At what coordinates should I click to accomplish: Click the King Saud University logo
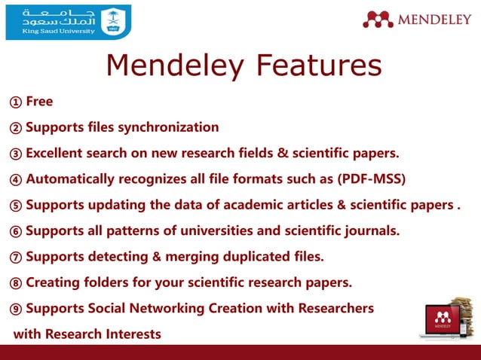coord(68,22)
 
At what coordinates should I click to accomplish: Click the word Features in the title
coord(316,66)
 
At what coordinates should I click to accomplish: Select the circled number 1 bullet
coord(16,102)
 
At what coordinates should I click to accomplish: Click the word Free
coord(39,102)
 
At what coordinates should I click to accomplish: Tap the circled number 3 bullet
coord(16,154)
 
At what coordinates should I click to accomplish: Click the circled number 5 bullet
coord(16,205)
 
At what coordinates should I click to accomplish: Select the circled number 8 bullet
coord(16,283)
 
